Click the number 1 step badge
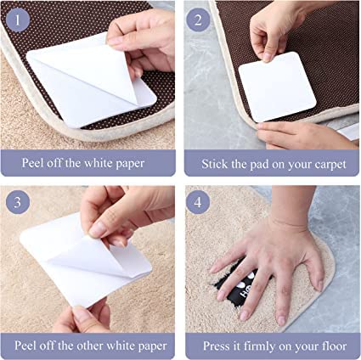18,20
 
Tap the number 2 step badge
198,20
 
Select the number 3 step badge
18,202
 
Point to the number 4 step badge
198,202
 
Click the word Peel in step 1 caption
32,163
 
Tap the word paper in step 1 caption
130,164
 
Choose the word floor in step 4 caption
334,346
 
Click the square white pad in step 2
277,87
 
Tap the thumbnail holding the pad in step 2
267,57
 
